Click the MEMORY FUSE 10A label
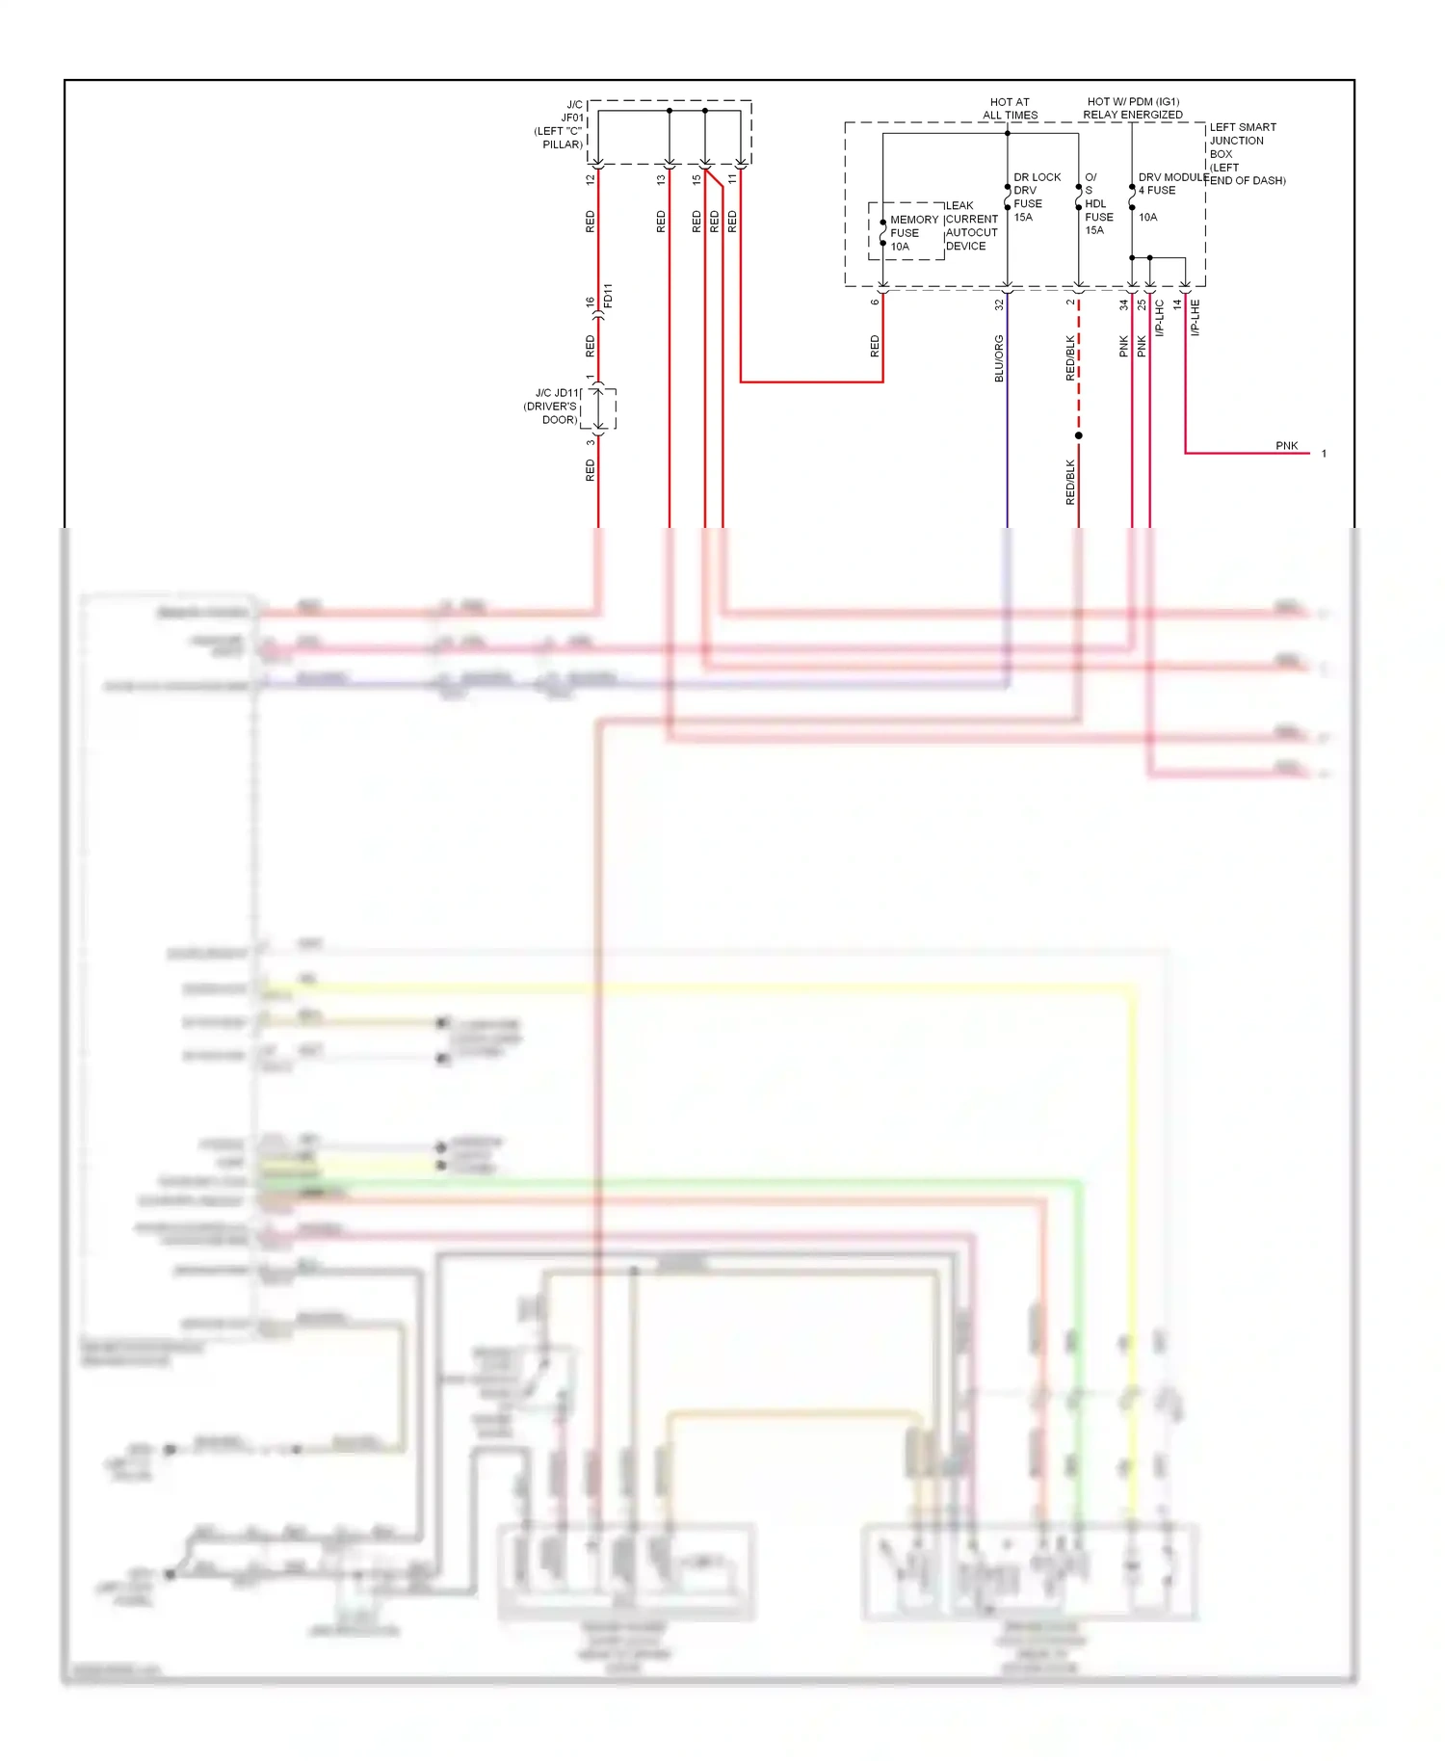tap(912, 233)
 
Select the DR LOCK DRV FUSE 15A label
tap(1036, 197)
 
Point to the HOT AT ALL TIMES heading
tap(1010, 108)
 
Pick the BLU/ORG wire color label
tap(999, 358)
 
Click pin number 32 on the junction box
tap(999, 304)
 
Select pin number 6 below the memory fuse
tap(875, 302)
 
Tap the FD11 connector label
tap(608, 295)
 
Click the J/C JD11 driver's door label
tap(552, 407)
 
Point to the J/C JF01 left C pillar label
tap(560, 124)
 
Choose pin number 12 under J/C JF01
tap(591, 179)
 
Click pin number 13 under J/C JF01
tap(661, 179)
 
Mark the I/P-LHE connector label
tap(1195, 317)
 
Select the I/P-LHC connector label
tap(1160, 318)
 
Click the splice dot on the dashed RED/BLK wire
tap(1079, 435)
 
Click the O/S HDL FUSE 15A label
tap(1097, 204)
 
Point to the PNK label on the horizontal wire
tap(1286, 446)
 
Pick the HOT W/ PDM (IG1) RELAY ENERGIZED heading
tap(1133, 108)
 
